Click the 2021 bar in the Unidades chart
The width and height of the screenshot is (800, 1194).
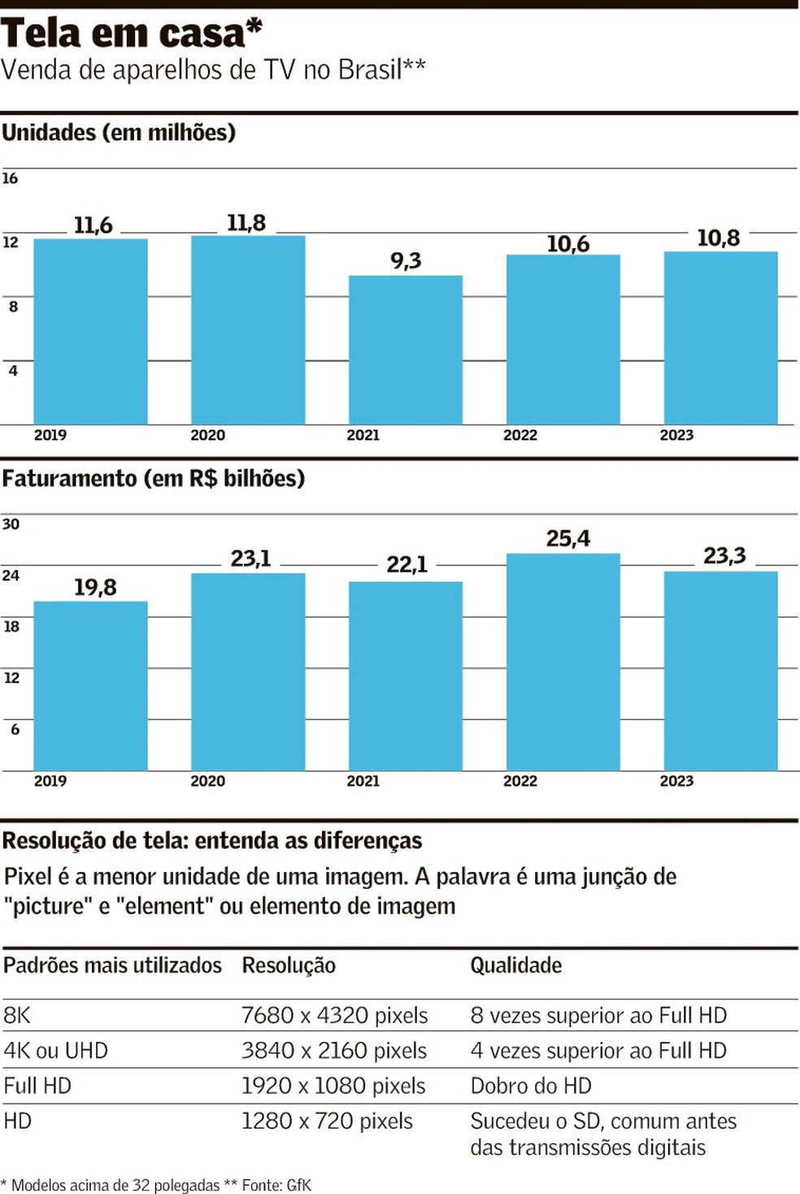[x=406, y=350]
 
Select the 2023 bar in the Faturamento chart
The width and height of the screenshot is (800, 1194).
[x=721, y=671]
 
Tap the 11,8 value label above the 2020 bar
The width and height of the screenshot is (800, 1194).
[x=246, y=223]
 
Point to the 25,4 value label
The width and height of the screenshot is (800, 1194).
[x=568, y=538]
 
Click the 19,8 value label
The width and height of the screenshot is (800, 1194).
[x=95, y=587]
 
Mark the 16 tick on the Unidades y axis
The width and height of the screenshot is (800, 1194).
[x=10, y=178]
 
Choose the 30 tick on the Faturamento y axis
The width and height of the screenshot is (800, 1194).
[x=11, y=524]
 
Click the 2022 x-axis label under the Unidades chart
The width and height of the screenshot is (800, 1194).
[x=520, y=435]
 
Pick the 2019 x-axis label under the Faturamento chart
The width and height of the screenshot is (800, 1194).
[x=50, y=781]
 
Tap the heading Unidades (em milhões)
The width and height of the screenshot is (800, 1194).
[x=119, y=133]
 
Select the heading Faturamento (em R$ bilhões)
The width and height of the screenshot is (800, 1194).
[x=154, y=478]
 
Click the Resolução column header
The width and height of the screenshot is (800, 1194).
[x=289, y=965]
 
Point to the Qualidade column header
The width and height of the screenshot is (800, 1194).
[x=516, y=965]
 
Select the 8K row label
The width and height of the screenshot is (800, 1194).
[x=17, y=1015]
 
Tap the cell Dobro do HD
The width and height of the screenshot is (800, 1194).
[x=531, y=1086]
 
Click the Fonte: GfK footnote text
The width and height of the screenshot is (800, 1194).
[x=276, y=1185]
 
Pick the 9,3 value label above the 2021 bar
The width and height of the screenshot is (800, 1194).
[x=406, y=260]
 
